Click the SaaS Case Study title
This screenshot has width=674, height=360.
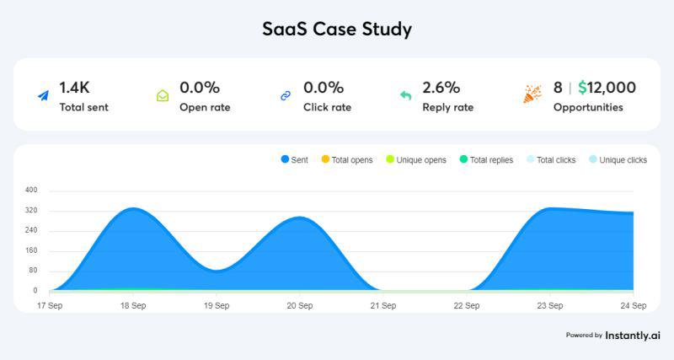(x=337, y=29)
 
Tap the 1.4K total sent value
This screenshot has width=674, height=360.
(x=74, y=88)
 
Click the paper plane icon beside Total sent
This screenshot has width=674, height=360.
(x=43, y=96)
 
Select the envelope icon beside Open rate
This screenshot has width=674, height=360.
(x=163, y=96)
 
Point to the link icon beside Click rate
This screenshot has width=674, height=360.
(x=285, y=96)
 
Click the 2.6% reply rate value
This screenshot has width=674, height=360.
(x=441, y=88)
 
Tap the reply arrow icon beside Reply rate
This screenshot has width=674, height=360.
(x=405, y=96)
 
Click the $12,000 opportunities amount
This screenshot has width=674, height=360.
(x=607, y=88)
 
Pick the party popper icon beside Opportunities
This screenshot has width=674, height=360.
(x=532, y=94)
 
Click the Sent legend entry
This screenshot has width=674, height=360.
(x=295, y=159)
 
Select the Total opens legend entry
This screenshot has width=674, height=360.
(x=347, y=159)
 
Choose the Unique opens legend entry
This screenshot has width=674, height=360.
(x=416, y=159)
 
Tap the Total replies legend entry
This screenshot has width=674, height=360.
(x=487, y=159)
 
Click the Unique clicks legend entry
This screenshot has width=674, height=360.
(x=618, y=159)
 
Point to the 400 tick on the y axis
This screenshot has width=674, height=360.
(x=31, y=191)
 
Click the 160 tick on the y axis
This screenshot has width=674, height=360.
(x=31, y=250)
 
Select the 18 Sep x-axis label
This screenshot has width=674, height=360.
(x=132, y=305)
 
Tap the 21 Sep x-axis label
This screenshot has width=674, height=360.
(x=383, y=305)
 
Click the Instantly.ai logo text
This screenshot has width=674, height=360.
(x=633, y=335)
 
